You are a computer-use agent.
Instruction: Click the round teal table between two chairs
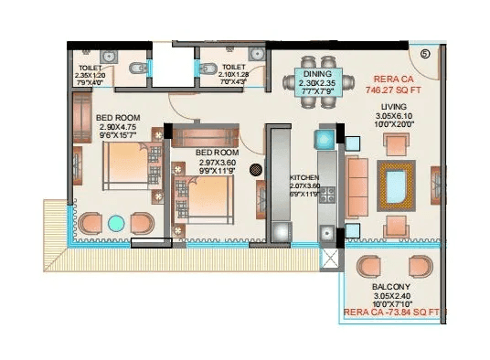coord(116,223)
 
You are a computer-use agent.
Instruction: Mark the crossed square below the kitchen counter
coord(325,258)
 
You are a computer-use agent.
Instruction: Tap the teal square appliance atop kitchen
coord(325,140)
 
